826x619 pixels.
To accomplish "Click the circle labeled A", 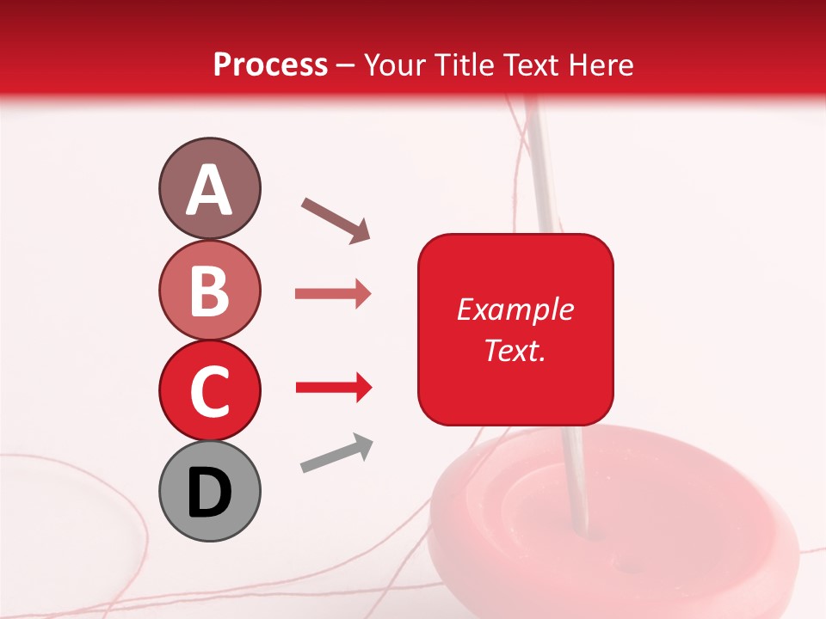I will (x=209, y=188).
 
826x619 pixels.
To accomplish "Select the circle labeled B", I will (x=209, y=290).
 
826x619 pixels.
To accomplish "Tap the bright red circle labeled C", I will (x=209, y=390).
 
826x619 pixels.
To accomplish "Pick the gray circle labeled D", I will (x=209, y=491).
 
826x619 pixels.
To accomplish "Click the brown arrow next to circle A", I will (x=336, y=219).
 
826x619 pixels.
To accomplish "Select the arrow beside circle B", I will (x=333, y=294).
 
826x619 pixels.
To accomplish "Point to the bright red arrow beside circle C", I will (x=333, y=389).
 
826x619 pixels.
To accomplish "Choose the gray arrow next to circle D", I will (x=336, y=453).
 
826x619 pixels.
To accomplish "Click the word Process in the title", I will (x=270, y=65).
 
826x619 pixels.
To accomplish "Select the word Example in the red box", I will (x=515, y=309).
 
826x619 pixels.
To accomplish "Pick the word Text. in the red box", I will (x=515, y=350).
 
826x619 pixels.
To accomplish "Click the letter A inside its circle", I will (x=209, y=190).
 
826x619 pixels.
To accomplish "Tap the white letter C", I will (x=209, y=391).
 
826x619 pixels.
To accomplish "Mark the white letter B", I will (x=209, y=291).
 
